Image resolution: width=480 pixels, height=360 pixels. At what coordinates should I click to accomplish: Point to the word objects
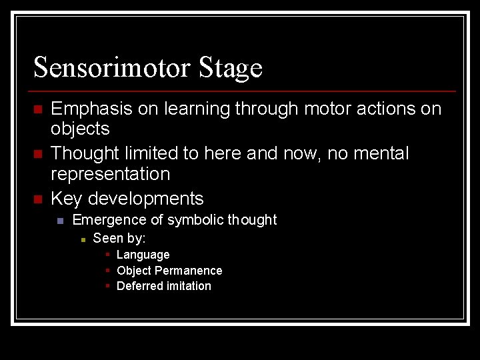click(80, 129)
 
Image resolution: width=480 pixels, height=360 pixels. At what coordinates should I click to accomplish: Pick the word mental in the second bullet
click(377, 153)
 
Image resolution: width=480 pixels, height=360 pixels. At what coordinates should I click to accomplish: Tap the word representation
click(110, 174)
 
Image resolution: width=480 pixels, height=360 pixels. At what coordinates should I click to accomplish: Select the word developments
click(146, 199)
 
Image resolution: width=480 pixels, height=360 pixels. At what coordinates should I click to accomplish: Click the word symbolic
click(196, 220)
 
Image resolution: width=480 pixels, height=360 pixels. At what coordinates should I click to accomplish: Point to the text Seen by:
click(119, 238)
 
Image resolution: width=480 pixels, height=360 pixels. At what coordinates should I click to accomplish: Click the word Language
click(143, 255)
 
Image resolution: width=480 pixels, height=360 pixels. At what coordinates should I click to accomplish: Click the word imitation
click(189, 286)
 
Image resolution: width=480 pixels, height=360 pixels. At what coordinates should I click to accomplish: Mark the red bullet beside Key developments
click(38, 199)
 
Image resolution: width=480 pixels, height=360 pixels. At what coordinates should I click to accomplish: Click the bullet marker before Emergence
click(60, 221)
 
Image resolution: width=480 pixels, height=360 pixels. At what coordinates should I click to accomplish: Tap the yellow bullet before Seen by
click(83, 239)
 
